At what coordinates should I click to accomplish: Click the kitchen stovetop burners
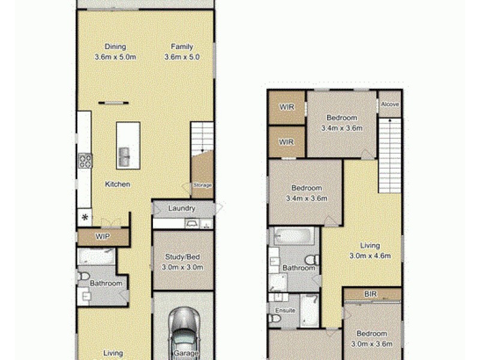point(85,160)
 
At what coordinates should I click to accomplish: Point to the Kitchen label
point(118,184)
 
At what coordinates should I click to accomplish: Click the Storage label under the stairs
point(202,185)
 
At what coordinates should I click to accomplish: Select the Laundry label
point(182,209)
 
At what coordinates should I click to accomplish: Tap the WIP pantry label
point(103,238)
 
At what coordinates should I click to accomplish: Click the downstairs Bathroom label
point(106,284)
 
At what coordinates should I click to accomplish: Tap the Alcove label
point(389,104)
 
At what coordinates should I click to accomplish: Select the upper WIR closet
point(286,107)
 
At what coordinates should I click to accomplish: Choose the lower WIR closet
point(286,142)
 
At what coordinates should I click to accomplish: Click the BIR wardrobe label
point(370,294)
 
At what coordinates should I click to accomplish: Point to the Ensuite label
point(285,310)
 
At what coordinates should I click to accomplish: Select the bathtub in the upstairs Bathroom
point(293,236)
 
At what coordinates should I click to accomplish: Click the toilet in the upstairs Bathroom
point(311,259)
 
